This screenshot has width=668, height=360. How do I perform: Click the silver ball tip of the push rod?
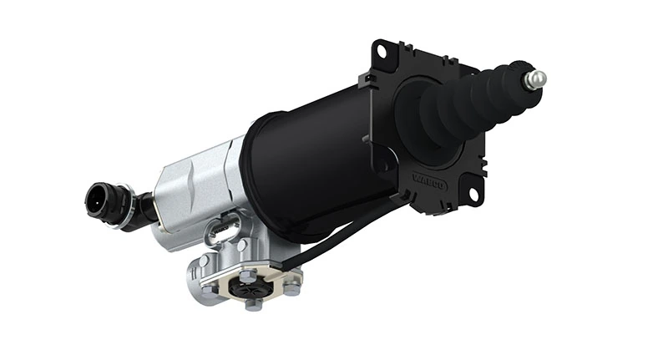pos(535,79)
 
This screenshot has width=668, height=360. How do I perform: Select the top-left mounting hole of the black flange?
pos(383,52)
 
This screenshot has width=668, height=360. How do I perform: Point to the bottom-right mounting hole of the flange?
pos(473,195)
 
